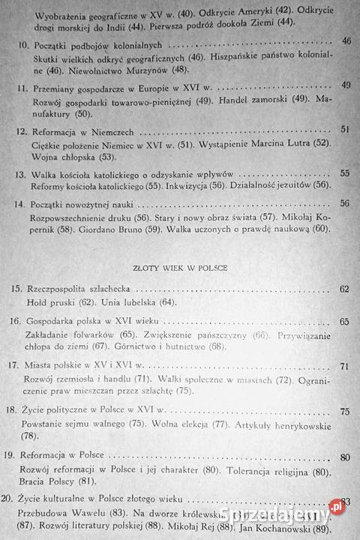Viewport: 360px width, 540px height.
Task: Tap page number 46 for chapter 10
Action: pyautogui.click(x=346, y=40)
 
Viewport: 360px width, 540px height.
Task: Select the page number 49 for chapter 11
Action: pyautogui.click(x=346, y=85)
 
